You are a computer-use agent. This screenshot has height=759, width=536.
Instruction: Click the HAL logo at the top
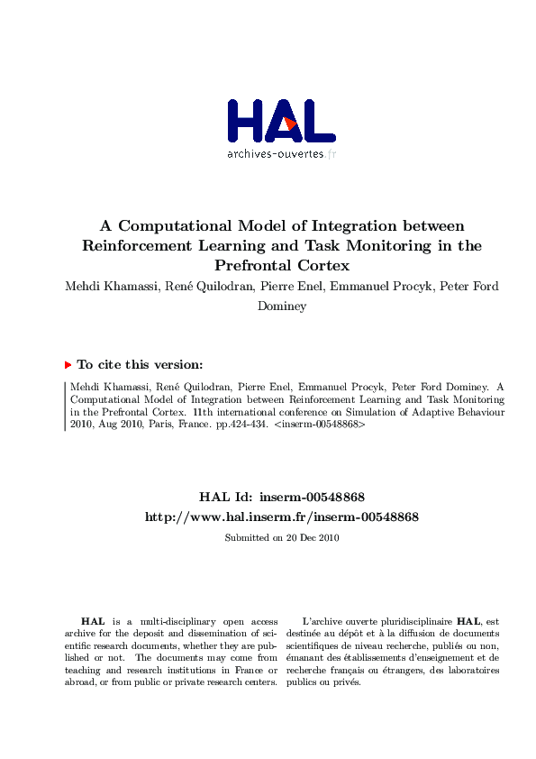tap(281, 120)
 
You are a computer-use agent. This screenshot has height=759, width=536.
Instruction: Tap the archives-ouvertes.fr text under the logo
tap(281, 154)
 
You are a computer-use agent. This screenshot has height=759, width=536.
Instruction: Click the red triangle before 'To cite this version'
tap(68, 365)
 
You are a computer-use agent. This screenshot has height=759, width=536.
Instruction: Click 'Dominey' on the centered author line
tap(282, 306)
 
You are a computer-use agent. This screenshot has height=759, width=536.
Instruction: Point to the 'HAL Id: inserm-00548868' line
tap(281, 497)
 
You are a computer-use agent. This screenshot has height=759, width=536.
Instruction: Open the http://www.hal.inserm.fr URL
tap(281, 517)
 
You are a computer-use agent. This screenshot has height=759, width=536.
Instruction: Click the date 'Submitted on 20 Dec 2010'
tap(281, 537)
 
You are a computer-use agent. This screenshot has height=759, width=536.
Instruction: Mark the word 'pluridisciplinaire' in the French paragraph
tap(417, 621)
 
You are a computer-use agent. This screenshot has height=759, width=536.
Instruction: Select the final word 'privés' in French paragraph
tap(347, 682)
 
